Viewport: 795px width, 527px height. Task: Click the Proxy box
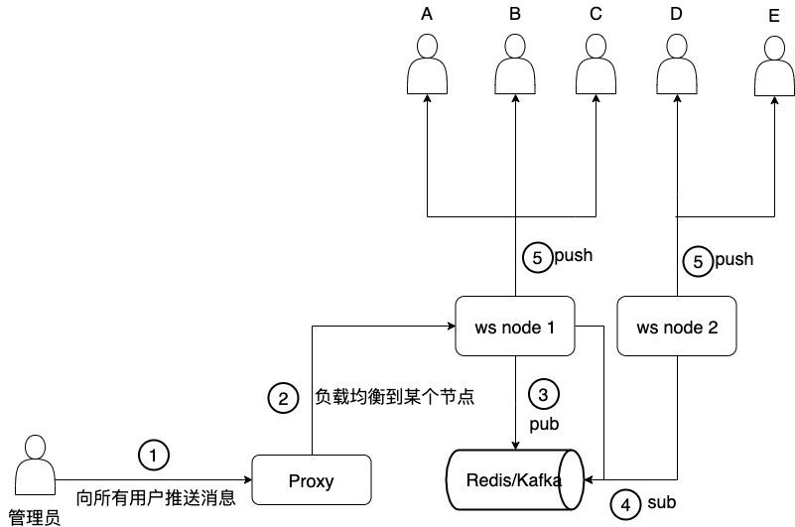pyautogui.click(x=312, y=481)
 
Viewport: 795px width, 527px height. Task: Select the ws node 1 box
pyautogui.click(x=515, y=326)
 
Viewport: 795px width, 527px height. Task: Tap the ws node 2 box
pyautogui.click(x=677, y=326)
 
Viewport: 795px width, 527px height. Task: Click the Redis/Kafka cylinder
pyautogui.click(x=514, y=480)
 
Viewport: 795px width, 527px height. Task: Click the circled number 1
pyautogui.click(x=153, y=456)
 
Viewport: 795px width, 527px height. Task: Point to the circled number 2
pyautogui.click(x=283, y=398)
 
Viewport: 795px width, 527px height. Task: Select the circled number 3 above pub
pyautogui.click(x=543, y=395)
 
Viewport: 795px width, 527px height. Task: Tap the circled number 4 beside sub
pyautogui.click(x=624, y=505)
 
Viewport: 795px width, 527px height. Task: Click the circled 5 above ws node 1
pyautogui.click(x=537, y=257)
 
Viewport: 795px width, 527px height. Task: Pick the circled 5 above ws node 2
pyautogui.click(x=698, y=262)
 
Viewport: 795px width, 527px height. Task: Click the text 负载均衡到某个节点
pyautogui.click(x=394, y=397)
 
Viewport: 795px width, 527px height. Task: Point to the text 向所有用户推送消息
pyautogui.click(x=156, y=498)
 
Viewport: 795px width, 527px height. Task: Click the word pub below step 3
pyautogui.click(x=543, y=424)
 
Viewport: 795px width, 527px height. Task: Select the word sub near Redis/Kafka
pyautogui.click(x=661, y=503)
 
